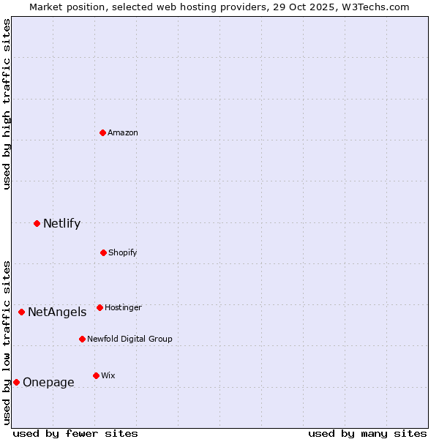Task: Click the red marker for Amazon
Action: click(x=102, y=132)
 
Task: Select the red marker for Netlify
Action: click(x=37, y=223)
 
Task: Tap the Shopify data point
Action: click(x=103, y=252)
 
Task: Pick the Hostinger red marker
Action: click(x=100, y=307)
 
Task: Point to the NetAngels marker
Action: click(x=21, y=312)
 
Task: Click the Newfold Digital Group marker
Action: click(x=82, y=339)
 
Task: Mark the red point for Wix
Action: click(x=96, y=375)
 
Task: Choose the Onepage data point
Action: click(x=16, y=382)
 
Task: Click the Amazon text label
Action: click(x=123, y=132)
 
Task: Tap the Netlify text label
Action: click(x=61, y=223)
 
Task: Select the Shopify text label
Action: click(x=123, y=252)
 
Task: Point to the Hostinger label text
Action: click(x=123, y=307)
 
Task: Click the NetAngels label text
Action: click(x=57, y=312)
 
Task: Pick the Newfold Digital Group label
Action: click(x=130, y=339)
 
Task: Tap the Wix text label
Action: click(x=108, y=375)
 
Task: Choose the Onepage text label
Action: click(x=48, y=382)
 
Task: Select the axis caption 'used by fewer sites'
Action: click(x=75, y=433)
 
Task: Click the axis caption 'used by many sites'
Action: click(x=367, y=433)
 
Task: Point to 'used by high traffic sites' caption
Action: click(x=7, y=104)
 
